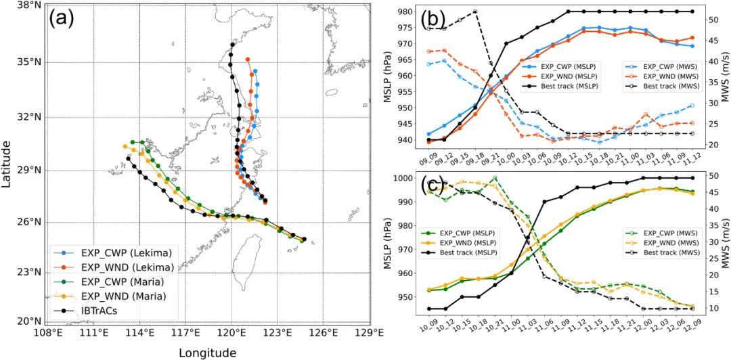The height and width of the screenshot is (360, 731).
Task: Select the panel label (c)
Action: point(433,183)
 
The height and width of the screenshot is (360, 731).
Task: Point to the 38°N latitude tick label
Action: point(24,5)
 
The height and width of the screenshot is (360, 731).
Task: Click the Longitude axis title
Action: point(207,353)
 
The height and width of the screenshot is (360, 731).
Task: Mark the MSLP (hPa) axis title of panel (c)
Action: point(389,242)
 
